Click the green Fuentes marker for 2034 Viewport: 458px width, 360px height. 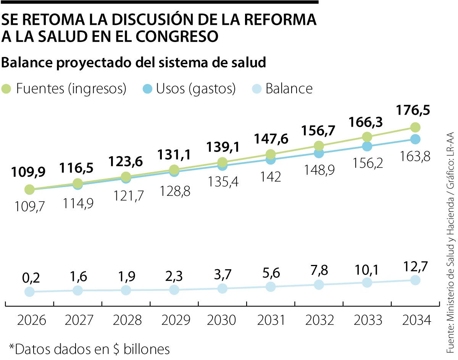(415, 127)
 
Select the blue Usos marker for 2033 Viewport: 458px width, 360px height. (367, 146)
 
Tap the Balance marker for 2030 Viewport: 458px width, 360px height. (223, 288)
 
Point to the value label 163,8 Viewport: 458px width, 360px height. (415, 156)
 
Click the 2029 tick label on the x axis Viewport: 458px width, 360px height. (174, 320)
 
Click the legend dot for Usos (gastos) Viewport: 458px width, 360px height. (147, 89)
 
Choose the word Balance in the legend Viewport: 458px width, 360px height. (289, 89)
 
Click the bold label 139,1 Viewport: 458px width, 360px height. (223, 147)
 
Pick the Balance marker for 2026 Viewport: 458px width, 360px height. (29, 292)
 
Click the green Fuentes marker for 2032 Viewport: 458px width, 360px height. (319, 146)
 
